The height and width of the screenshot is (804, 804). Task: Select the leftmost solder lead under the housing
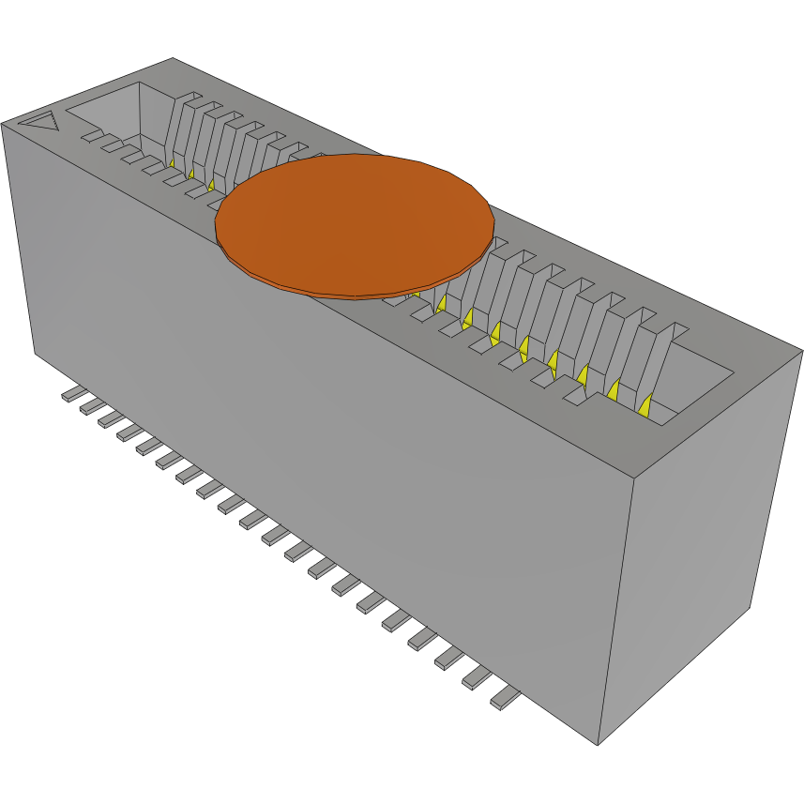[70, 395]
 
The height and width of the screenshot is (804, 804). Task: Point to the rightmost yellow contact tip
[645, 405]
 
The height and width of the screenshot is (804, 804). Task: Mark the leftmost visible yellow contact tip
[173, 162]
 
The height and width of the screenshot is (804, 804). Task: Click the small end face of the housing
[713, 544]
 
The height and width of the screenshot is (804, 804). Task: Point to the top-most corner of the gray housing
[174, 58]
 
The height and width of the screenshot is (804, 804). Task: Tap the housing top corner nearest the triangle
[3, 122]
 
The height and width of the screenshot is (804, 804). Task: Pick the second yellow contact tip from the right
[614, 388]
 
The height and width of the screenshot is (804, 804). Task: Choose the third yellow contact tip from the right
[584, 374]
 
